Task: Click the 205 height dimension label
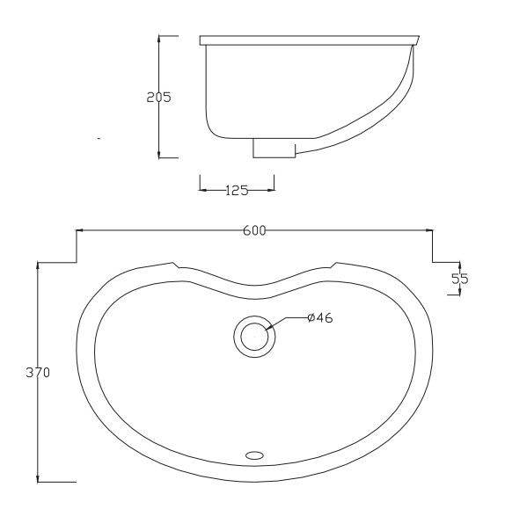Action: click(x=158, y=97)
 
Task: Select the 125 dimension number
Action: click(x=237, y=191)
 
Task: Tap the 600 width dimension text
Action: click(x=254, y=230)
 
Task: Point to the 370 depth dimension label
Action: click(x=38, y=373)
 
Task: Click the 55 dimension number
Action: click(x=460, y=279)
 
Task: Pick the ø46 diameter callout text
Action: click(x=320, y=318)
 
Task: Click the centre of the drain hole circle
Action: click(x=254, y=337)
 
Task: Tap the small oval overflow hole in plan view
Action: click(x=254, y=455)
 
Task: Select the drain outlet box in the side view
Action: click(x=274, y=148)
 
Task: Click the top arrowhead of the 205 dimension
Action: click(x=158, y=39)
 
